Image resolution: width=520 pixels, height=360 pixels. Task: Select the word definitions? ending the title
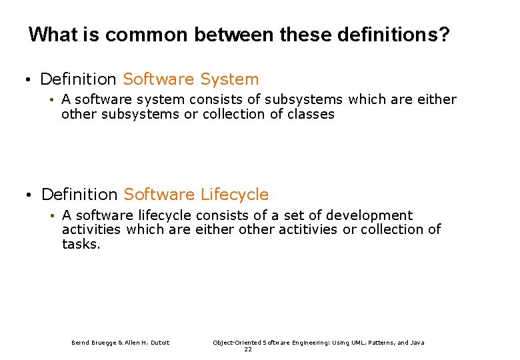coord(387,35)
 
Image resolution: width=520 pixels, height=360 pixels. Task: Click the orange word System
coord(229,79)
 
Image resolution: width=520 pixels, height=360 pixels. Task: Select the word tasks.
coord(81,244)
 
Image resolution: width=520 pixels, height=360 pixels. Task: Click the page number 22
coord(248,349)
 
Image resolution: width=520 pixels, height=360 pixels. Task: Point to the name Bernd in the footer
coord(81,343)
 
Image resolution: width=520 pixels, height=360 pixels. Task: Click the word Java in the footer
coord(417,343)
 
